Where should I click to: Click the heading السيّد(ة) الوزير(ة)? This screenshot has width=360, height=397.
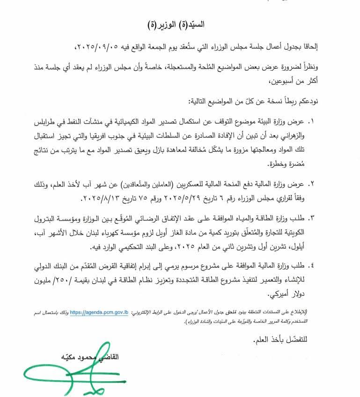(179, 23)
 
